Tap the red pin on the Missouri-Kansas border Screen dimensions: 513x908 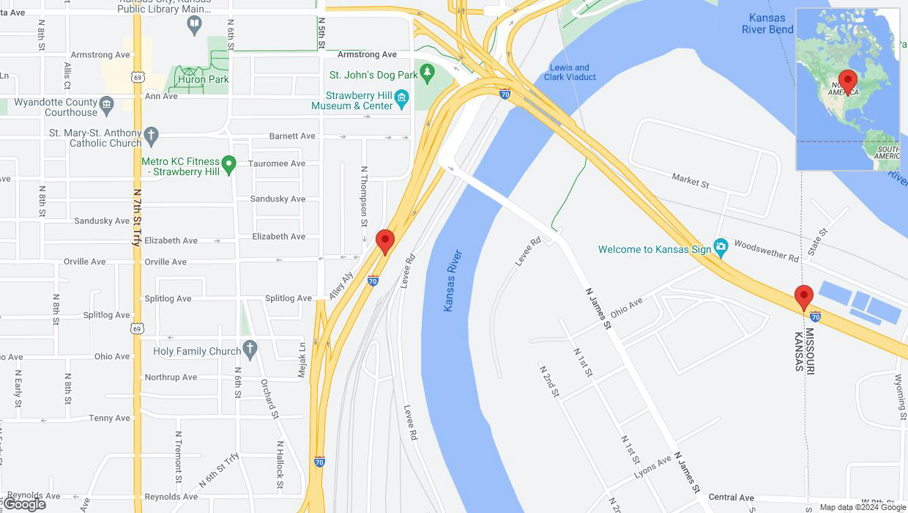tap(804, 298)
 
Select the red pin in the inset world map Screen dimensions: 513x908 tap(847, 81)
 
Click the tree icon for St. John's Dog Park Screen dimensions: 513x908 tap(427, 73)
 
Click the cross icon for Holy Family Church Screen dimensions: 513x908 tap(250, 350)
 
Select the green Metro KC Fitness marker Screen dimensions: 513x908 tap(229, 164)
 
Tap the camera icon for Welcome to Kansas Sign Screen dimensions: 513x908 tap(721, 248)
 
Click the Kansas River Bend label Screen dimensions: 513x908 tap(767, 23)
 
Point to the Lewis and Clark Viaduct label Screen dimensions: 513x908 tap(571, 72)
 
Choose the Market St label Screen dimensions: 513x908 tap(691, 180)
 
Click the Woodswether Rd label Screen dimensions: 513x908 tap(767, 251)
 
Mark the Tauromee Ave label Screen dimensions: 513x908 tap(277, 163)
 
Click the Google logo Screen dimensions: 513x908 tap(25, 504)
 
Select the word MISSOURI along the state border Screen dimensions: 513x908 tap(810, 350)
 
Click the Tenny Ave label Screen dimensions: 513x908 tap(110, 418)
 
